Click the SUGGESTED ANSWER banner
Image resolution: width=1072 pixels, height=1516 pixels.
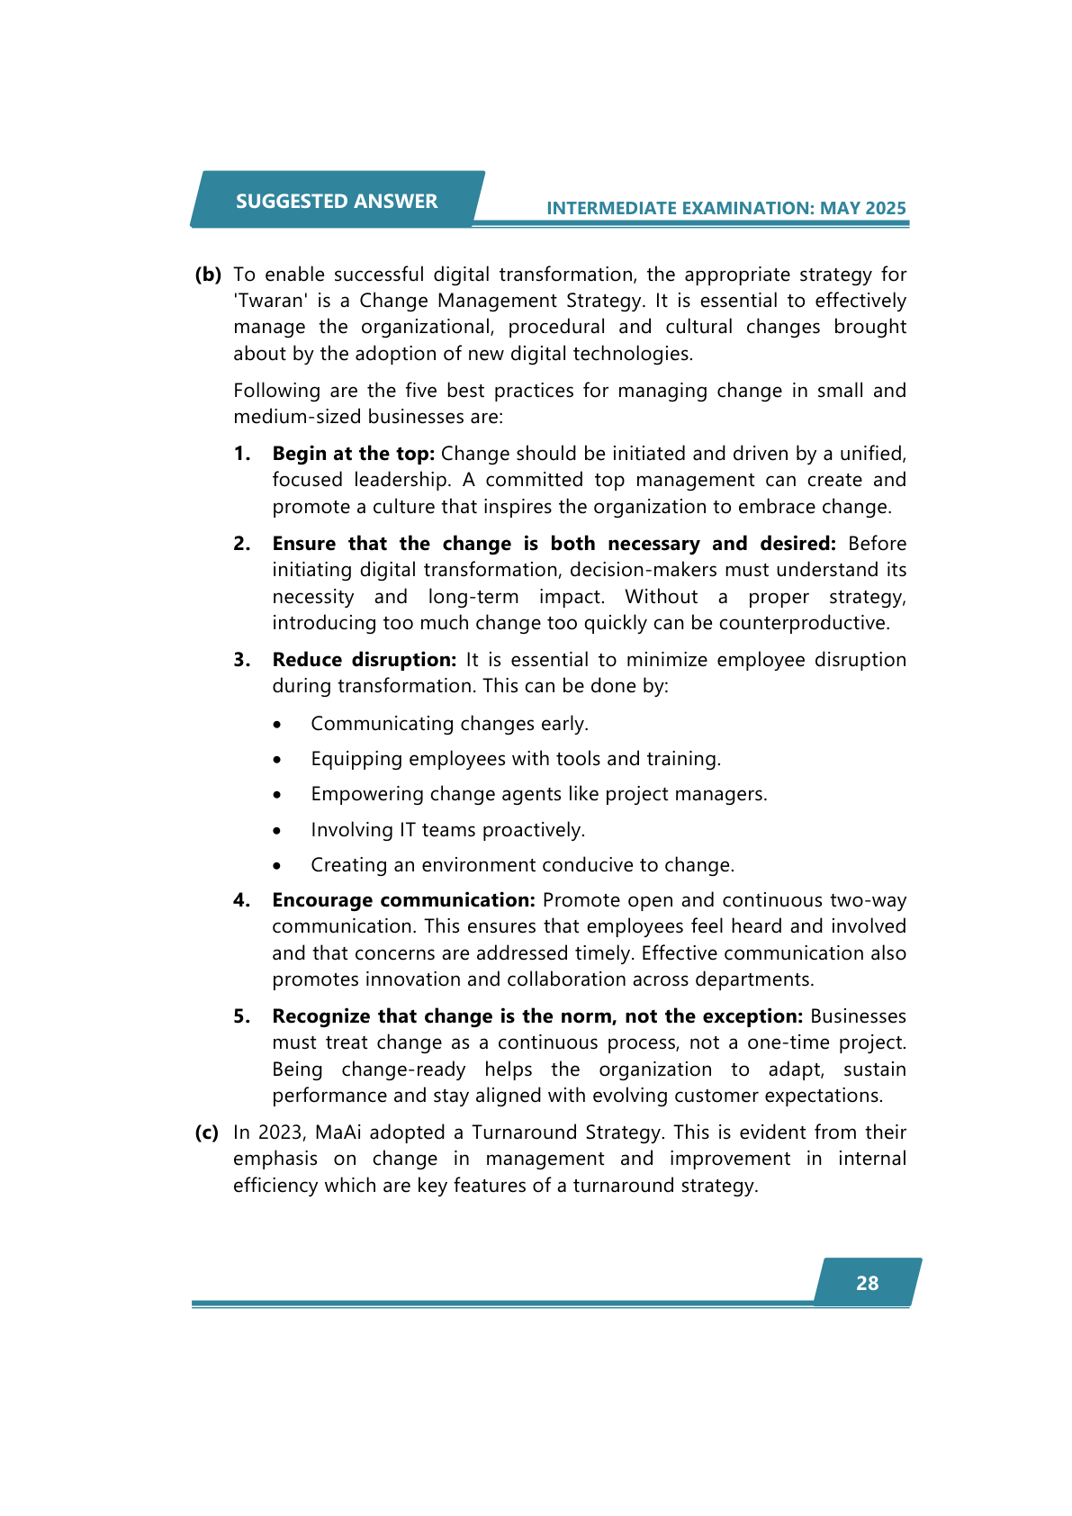point(337,201)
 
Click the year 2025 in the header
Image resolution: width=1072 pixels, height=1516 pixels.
point(886,208)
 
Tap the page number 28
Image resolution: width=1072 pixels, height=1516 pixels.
point(867,1283)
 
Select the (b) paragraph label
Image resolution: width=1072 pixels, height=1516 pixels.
point(208,275)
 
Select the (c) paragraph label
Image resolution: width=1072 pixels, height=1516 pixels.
point(207,1132)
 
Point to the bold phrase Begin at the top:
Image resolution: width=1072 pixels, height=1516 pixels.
point(354,454)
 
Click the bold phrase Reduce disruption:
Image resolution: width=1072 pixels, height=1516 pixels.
point(365,660)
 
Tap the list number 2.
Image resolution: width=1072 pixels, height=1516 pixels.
point(241,544)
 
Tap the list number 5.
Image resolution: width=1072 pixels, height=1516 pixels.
point(241,1016)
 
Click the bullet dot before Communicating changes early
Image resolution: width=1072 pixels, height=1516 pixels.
point(278,725)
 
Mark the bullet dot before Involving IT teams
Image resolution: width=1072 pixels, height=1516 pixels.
point(278,831)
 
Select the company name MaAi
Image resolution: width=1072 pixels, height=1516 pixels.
point(338,1132)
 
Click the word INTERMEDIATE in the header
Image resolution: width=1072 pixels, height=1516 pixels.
point(612,208)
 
